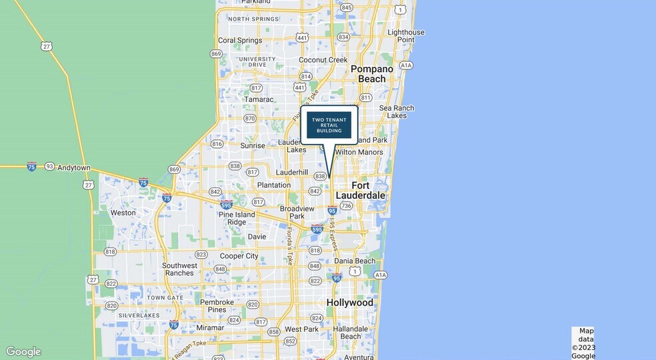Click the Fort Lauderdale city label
click(360, 190)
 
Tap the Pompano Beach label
click(368, 73)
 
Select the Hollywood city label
click(349, 303)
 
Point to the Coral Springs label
click(240, 40)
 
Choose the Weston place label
click(123, 213)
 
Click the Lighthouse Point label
click(405, 36)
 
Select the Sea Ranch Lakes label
click(396, 111)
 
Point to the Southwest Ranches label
click(179, 269)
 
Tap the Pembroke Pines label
click(217, 306)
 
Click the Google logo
click(23, 352)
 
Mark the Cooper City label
click(239, 256)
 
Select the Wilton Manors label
click(359, 152)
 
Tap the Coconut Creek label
click(323, 60)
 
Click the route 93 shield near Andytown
click(49, 166)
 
